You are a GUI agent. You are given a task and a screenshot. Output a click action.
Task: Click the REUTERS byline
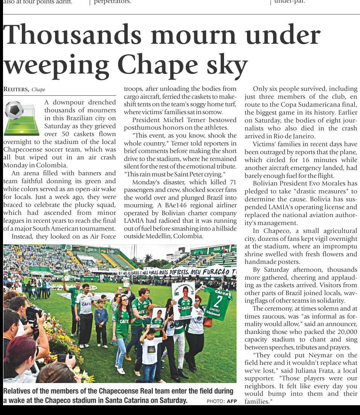[x=16, y=89]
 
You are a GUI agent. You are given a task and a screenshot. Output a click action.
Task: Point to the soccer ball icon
[x=14, y=110]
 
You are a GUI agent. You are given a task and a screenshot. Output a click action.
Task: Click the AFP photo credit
[x=232, y=401]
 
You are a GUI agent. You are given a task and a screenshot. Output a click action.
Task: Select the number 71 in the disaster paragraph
[x=232, y=182]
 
